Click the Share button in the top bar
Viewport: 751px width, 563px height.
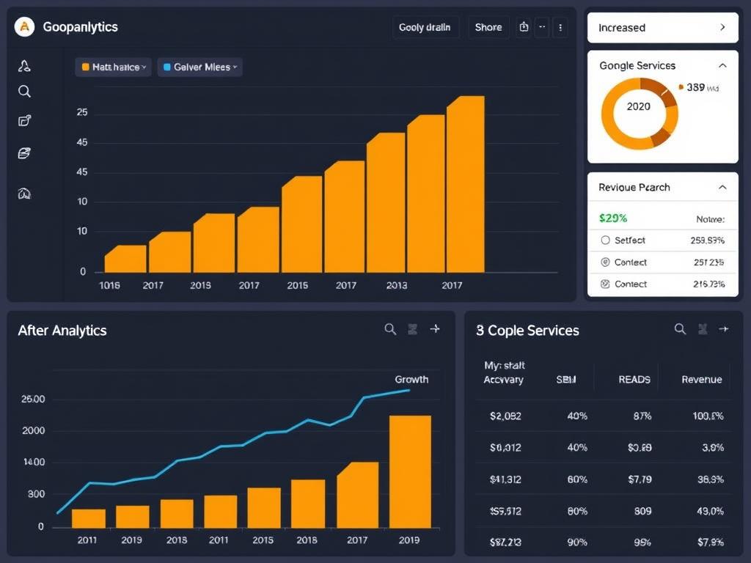488,27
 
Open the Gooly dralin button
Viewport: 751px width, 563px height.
425,27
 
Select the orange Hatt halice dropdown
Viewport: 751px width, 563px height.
114,67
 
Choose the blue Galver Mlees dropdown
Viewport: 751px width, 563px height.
199,67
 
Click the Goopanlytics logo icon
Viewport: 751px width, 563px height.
25,27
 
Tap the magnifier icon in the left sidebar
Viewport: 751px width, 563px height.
24,92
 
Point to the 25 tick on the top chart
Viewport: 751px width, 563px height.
82,113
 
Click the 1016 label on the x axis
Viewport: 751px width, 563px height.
109,285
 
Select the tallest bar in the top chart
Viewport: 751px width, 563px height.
465,183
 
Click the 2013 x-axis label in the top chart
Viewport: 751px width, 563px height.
397,285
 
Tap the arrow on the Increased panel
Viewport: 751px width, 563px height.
722,27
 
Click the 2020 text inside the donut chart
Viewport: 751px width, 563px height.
639,106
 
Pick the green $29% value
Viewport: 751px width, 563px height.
613,218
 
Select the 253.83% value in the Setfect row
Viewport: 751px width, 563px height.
707,240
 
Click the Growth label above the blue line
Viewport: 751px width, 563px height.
411,379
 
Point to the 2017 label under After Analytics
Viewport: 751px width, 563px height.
357,540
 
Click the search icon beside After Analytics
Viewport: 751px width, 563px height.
390,329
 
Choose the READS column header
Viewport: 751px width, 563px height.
634,379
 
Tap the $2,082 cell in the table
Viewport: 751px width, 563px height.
505,416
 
